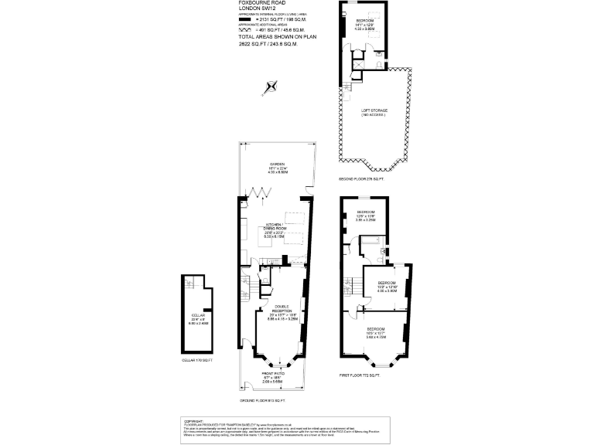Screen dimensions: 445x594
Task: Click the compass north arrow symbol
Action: coord(270,87)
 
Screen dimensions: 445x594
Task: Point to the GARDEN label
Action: coord(278,165)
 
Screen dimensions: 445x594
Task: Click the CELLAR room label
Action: coord(197,316)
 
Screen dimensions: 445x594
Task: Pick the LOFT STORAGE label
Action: coord(374,111)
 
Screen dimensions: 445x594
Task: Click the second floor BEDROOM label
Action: coord(364,19)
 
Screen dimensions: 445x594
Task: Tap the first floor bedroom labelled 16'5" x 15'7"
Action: coord(377,330)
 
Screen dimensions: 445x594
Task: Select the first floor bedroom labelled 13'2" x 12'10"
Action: coord(387,283)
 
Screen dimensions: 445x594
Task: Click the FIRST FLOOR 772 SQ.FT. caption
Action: coord(360,375)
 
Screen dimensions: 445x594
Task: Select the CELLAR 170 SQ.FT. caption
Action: coord(196,361)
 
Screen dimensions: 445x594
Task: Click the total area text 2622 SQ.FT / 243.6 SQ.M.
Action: coord(268,43)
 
